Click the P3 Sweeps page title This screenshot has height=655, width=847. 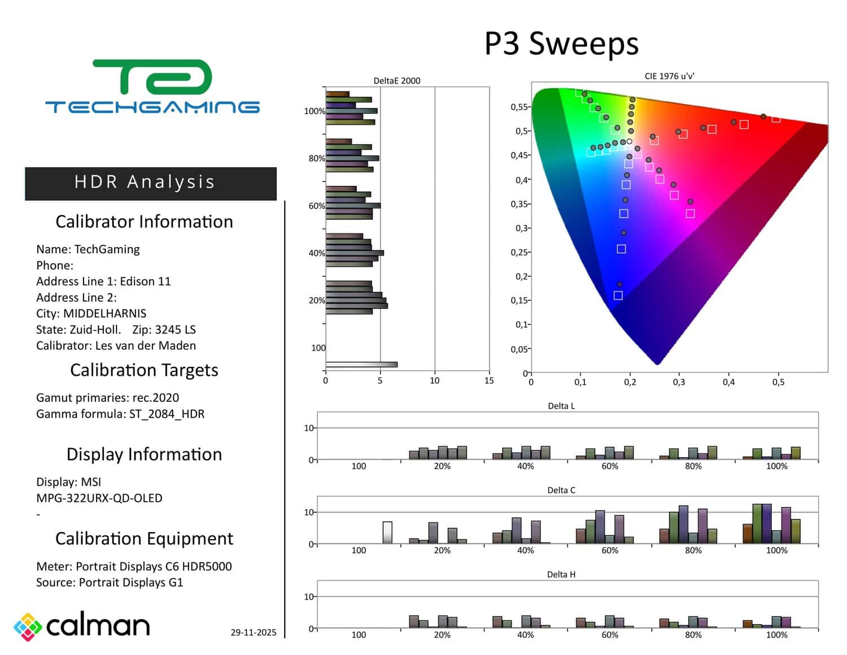coord(561,44)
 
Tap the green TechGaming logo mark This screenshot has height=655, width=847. coord(152,77)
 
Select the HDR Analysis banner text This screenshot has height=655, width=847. coord(145,182)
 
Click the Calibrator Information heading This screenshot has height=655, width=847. coord(144,222)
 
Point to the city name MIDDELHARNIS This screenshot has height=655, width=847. coord(104,314)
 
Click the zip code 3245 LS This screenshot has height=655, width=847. coord(175,329)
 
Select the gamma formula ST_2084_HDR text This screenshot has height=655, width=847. coord(167,414)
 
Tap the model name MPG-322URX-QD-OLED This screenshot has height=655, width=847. coord(99,498)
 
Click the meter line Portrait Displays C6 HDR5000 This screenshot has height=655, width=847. coord(154,566)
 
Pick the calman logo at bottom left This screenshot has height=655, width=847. coord(82,626)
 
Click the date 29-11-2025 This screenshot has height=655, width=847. coord(254,632)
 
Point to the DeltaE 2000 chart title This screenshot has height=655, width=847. coord(397,81)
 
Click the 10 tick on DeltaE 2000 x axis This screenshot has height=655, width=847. coord(434,381)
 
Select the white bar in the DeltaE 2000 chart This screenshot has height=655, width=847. coord(361,365)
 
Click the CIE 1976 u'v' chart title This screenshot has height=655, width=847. coord(669,76)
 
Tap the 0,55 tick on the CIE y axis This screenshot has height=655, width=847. coord(519,107)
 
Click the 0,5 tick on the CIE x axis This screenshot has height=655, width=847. coord(778,383)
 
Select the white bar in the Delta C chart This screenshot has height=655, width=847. coord(387,532)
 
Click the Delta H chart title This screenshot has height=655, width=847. coord(561,575)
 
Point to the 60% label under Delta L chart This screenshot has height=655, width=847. coord(610,466)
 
